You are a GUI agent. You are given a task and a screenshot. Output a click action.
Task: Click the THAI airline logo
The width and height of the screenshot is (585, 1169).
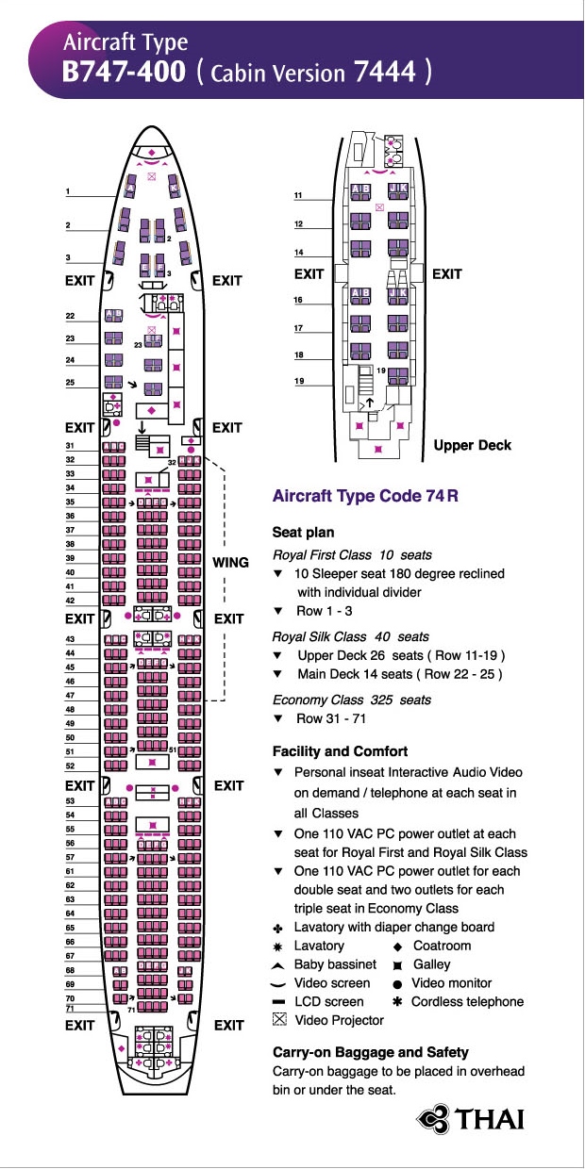pos(471,1119)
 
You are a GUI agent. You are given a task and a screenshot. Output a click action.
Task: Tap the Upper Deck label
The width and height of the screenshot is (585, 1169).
pos(472,445)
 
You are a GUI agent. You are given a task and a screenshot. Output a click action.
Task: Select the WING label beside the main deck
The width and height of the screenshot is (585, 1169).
pos(230,563)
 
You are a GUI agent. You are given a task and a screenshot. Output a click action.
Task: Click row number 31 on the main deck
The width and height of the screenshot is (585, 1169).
pos(70,446)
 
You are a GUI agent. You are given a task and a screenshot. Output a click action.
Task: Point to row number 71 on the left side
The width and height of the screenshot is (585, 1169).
pos(69,1009)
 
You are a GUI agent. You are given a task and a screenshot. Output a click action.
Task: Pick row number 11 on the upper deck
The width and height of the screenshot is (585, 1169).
pos(298,195)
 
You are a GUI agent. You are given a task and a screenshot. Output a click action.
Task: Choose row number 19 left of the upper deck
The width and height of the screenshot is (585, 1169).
pos(298,382)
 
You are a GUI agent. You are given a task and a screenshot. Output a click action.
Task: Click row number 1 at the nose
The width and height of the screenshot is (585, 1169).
pos(68,192)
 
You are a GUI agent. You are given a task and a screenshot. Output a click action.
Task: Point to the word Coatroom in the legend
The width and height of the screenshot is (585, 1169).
pos(442,946)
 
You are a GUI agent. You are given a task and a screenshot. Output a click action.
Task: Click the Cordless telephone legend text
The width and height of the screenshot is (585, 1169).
pos(467,1002)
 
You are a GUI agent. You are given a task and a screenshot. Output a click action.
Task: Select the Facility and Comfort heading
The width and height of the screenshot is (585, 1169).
pos(340,751)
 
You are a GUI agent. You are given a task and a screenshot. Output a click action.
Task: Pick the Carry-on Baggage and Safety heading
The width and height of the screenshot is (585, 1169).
pos(370,1052)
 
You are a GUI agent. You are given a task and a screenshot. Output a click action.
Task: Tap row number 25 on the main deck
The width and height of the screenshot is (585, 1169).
pos(70,383)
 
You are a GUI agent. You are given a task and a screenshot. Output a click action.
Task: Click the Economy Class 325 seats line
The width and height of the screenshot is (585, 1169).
pos(351,700)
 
